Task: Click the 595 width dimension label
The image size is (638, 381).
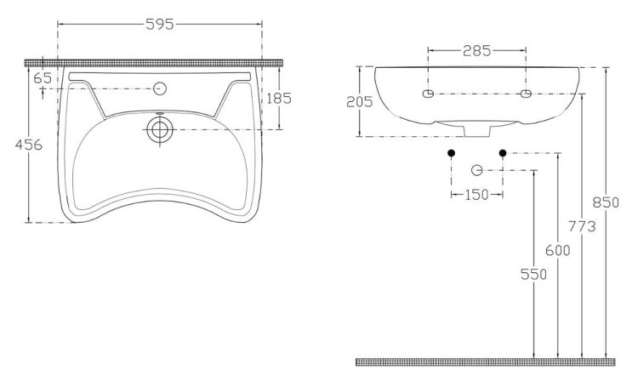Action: click(x=160, y=25)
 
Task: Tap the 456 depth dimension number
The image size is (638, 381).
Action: click(x=28, y=145)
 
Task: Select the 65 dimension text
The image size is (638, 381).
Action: click(x=43, y=78)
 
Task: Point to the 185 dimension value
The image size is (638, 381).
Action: click(x=279, y=98)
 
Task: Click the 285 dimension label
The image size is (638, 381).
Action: click(x=477, y=51)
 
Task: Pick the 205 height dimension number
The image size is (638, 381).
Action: click(x=359, y=102)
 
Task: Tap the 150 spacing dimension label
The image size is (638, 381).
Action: click(x=476, y=195)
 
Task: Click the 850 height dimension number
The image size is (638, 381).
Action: click(x=606, y=202)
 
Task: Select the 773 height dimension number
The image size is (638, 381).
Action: click(x=582, y=226)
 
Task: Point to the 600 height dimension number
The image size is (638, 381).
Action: click(x=557, y=251)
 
